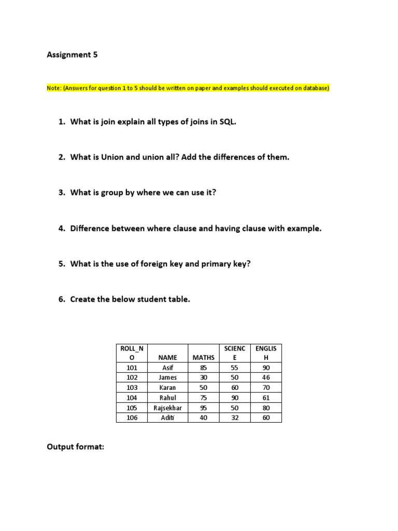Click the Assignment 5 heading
[72, 54]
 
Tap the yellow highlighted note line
[188, 88]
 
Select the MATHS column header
[203, 357]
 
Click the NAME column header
[168, 357]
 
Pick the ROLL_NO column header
[133, 353]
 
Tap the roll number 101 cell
[133, 368]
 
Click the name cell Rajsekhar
[168, 408]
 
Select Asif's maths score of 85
[203, 368]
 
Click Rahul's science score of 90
[235, 398]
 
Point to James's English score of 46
[266, 378]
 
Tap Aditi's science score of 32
[235, 417]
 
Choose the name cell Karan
[168, 387]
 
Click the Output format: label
[76, 446]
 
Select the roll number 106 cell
[133, 417]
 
